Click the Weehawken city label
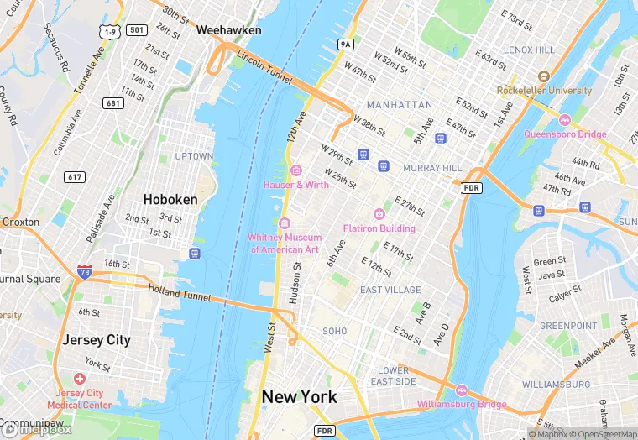(x=228, y=30)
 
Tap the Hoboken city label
(x=170, y=200)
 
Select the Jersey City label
(x=97, y=340)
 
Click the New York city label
(x=299, y=397)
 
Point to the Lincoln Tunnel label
(x=264, y=71)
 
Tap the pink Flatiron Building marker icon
(x=379, y=214)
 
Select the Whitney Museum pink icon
(x=284, y=223)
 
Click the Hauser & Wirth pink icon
(x=295, y=170)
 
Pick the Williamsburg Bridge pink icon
(x=461, y=390)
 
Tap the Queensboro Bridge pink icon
(x=565, y=119)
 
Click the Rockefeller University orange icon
(x=544, y=76)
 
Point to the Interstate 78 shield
(x=85, y=271)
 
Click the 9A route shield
(x=345, y=44)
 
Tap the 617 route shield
(x=75, y=177)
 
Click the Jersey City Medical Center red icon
(x=80, y=380)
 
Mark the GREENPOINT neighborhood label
(x=568, y=326)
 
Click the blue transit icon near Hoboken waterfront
(x=195, y=253)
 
